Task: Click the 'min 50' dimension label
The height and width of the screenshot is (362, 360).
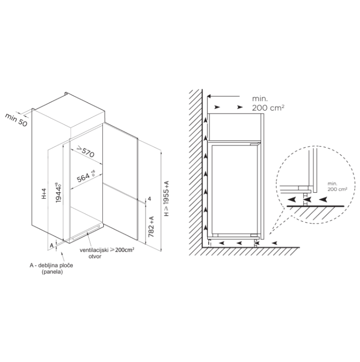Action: (x=16, y=119)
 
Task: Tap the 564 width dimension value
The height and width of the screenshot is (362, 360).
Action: (x=83, y=177)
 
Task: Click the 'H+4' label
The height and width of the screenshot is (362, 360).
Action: (x=44, y=194)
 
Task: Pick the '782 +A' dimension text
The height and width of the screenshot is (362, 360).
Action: (x=151, y=227)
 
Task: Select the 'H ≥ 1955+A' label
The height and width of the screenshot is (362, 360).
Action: (x=166, y=198)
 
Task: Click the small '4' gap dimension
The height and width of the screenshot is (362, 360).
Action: (x=149, y=198)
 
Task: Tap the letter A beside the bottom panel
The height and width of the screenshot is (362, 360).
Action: (x=52, y=245)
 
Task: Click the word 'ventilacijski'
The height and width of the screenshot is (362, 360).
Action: (x=94, y=250)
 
